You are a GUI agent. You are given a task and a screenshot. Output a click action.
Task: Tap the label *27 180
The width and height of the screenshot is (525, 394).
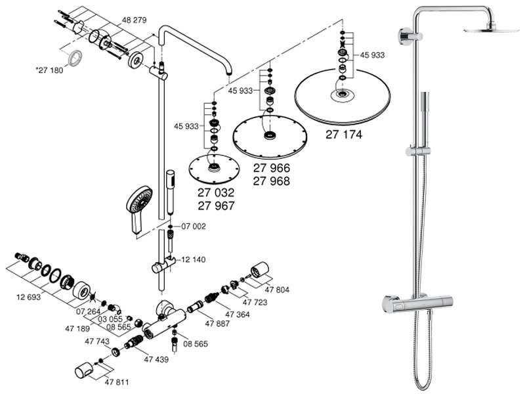click(49, 70)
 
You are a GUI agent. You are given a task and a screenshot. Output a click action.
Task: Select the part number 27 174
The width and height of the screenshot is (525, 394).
click(344, 135)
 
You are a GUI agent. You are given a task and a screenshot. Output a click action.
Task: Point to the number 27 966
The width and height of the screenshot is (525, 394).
click(271, 168)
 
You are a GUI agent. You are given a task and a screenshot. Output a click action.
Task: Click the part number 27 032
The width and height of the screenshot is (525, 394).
click(216, 193)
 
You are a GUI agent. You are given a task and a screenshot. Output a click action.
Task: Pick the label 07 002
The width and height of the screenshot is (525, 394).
click(193, 227)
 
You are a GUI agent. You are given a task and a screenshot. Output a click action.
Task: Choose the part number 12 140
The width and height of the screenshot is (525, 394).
click(193, 260)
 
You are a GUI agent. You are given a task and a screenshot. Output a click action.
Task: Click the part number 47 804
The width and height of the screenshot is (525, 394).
click(276, 290)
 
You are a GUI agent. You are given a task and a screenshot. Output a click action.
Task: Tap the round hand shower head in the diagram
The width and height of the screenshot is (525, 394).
click(139, 200)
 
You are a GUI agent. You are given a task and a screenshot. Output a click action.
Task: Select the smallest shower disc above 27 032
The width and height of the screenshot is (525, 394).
click(211, 168)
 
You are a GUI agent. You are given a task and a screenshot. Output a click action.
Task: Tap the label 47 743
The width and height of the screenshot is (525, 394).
click(97, 341)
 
